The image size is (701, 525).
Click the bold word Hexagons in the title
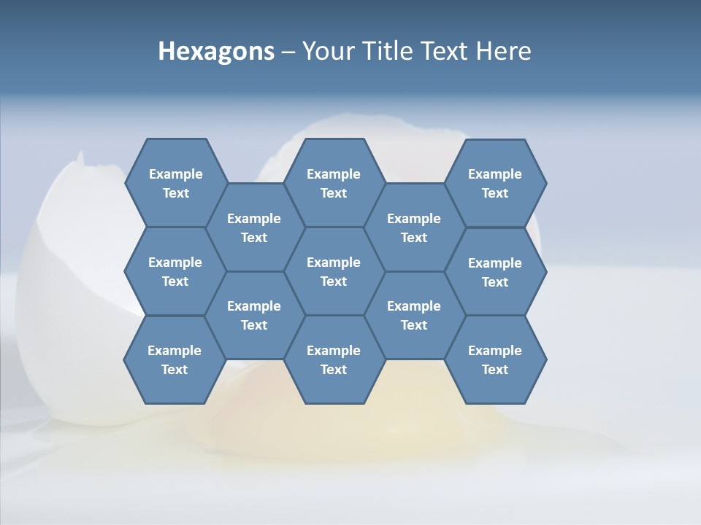pyautogui.click(x=216, y=51)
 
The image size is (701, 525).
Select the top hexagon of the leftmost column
pyautogui.click(x=175, y=183)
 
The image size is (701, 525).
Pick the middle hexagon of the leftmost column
pyautogui.click(x=175, y=271)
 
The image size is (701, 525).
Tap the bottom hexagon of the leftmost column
pyautogui.click(x=175, y=359)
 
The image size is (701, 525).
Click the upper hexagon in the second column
pyautogui.click(x=254, y=227)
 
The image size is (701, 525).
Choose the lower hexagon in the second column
pyautogui.click(x=254, y=315)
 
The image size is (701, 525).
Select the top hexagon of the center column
pyautogui.click(x=334, y=183)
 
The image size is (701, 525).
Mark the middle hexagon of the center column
pyautogui.click(x=334, y=271)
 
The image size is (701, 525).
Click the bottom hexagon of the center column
pyautogui.click(x=334, y=359)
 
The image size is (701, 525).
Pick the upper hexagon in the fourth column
pyautogui.click(x=414, y=227)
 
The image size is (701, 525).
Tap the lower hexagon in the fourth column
pyautogui.click(x=414, y=315)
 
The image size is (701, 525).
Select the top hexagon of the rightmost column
pyautogui.click(x=495, y=183)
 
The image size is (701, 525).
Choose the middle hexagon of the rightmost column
pyautogui.click(x=495, y=272)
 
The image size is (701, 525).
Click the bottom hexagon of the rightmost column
pyautogui.click(x=495, y=359)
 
